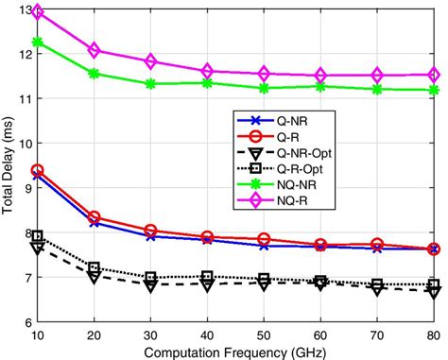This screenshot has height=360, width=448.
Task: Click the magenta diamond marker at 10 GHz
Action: (38, 13)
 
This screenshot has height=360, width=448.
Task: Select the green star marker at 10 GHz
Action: (38, 43)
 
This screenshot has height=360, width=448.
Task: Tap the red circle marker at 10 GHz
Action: (38, 170)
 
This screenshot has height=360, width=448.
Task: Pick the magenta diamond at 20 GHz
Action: (95, 50)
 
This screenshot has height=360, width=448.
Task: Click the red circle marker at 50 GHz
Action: (265, 239)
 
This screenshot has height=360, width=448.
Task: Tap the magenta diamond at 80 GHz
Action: (434, 75)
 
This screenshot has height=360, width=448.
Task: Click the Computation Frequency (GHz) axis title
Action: (235, 351)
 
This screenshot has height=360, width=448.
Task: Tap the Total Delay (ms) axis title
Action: (9, 166)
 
